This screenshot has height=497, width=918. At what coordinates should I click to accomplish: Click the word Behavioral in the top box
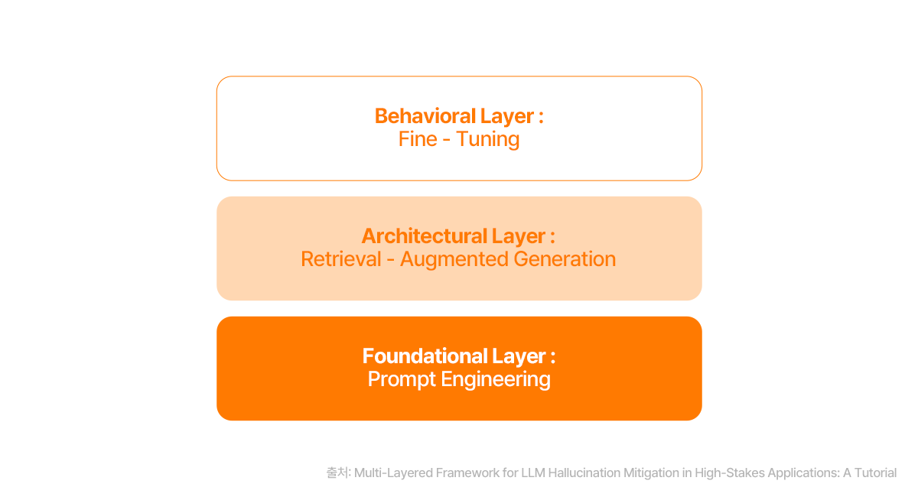pos(424,116)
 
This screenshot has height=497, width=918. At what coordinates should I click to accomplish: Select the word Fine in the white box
pos(418,139)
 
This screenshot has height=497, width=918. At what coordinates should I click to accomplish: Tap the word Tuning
pos(487,139)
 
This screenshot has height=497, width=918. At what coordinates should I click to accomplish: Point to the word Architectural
pos(424,236)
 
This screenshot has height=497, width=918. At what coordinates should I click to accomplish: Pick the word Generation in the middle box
pos(565,259)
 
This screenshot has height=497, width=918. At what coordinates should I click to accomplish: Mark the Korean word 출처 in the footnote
pos(337,473)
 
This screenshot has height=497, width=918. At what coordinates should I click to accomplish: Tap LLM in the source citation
pos(533,473)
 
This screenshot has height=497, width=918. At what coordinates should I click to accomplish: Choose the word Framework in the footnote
pos(467,473)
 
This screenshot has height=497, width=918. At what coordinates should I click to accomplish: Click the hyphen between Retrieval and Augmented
pos(390,260)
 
